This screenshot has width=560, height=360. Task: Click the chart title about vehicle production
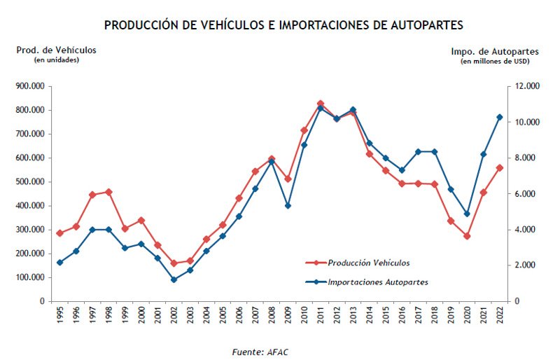tap(283, 25)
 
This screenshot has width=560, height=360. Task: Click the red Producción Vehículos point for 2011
tap(321, 104)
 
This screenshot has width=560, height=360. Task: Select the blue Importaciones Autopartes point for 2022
tap(499, 117)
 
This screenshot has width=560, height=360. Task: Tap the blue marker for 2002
tap(174, 279)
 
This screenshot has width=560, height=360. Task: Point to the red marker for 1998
tap(108, 192)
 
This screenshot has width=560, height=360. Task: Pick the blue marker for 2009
tap(288, 206)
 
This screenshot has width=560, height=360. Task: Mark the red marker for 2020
tap(467, 236)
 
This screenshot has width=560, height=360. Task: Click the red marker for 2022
tap(499, 168)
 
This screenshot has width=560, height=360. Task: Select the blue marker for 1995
tap(59, 263)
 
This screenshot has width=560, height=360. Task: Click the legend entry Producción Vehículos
tap(368, 263)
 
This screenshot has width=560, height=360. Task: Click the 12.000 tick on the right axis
tap(525, 86)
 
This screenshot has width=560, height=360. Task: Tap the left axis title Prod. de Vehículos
tap(57, 50)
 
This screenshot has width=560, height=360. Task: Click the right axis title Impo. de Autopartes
tap(494, 51)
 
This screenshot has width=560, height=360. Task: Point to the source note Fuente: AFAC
tap(260, 352)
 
